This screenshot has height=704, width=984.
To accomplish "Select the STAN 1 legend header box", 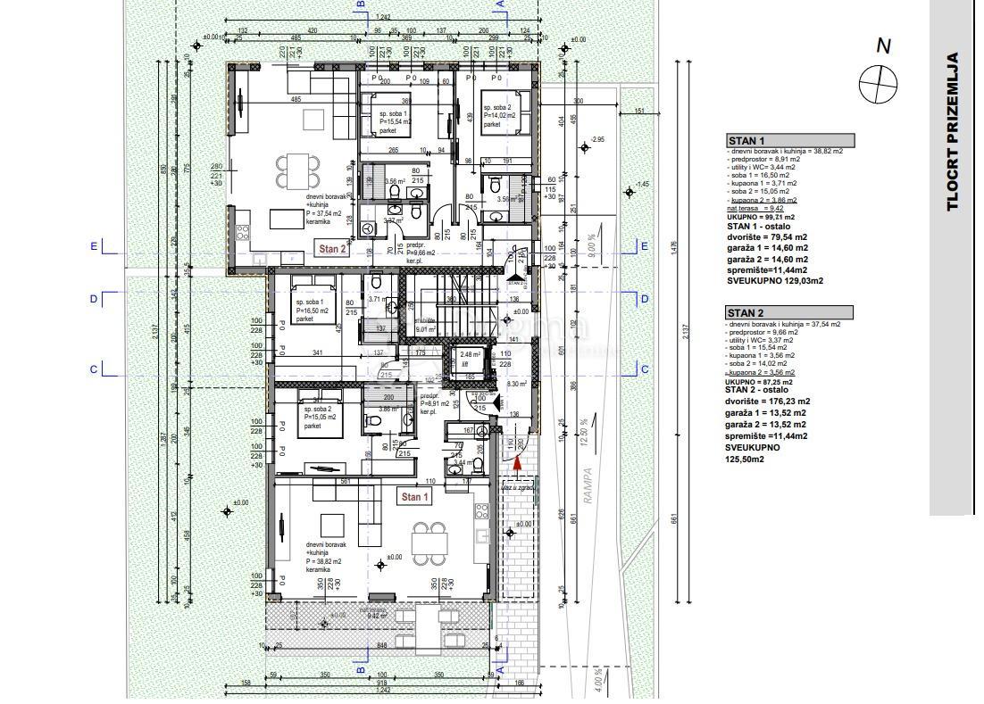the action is [790, 140].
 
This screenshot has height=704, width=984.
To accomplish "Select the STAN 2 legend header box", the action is [789, 312].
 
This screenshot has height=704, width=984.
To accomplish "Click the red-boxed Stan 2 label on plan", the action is [333, 250].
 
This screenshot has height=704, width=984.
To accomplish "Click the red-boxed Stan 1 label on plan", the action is [414, 497].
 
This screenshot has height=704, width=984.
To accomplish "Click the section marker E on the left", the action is [94, 246].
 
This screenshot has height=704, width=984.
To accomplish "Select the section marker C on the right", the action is [644, 369].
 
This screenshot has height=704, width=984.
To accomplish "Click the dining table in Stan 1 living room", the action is [429, 538].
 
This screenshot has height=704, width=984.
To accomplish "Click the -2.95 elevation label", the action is [598, 139].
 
